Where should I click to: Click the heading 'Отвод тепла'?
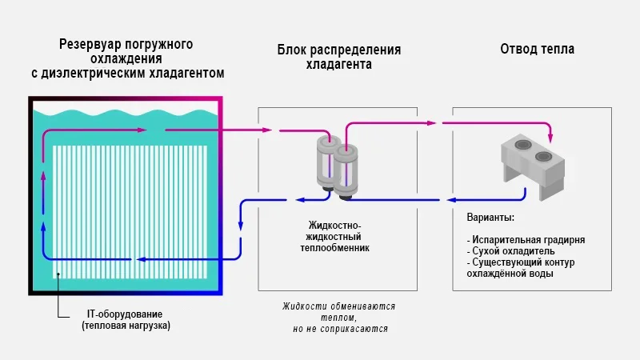click(537, 50)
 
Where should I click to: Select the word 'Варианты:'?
click(490, 218)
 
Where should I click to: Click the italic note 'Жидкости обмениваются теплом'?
click(338, 311)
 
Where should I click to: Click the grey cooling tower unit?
click(532, 165)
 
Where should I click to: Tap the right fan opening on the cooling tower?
click(544, 155)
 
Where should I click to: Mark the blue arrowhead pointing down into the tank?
click(241, 230)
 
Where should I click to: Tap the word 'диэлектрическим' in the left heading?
click(102, 73)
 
